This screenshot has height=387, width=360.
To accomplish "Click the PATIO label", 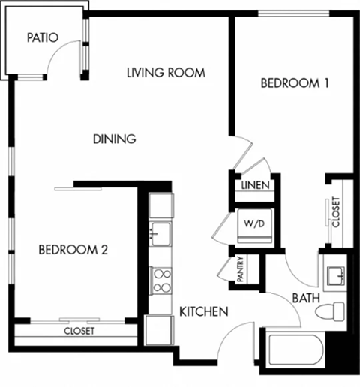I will pyautogui.click(x=42, y=37).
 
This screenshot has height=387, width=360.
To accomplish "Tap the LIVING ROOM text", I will pyautogui.click(x=166, y=73).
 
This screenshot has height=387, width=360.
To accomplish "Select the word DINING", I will pyautogui.click(x=114, y=139).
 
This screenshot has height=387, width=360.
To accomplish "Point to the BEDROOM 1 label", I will pyautogui.click(x=295, y=83).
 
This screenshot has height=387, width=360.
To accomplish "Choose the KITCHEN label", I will pyautogui.click(x=202, y=311).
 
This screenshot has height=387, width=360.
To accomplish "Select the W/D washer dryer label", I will pyautogui.click(x=251, y=223).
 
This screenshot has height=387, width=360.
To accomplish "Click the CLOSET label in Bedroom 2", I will pyautogui.click(x=79, y=331).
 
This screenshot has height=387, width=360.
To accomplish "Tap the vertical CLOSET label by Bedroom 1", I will pyautogui.click(x=335, y=212).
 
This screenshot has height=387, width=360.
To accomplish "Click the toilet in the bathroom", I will pyautogui.click(x=328, y=310).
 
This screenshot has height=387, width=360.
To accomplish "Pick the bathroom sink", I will pyautogui.click(x=332, y=273).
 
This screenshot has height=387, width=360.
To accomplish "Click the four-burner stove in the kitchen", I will pyautogui.click(x=160, y=282).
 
